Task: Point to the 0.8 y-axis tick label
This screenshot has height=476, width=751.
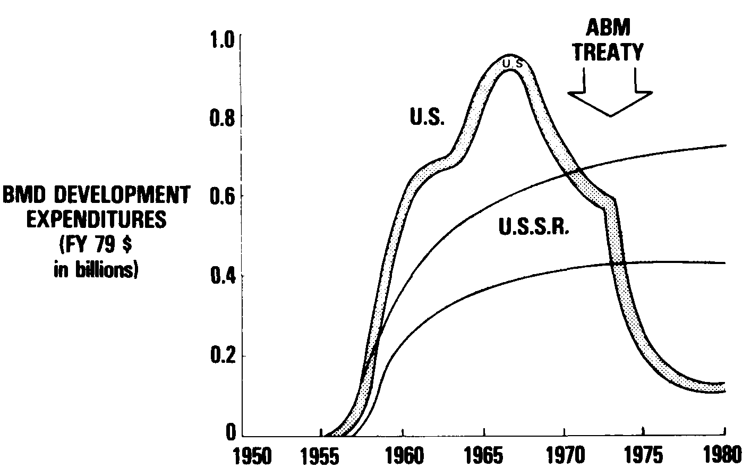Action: click(222, 118)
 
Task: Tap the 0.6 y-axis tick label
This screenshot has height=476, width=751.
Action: click(222, 197)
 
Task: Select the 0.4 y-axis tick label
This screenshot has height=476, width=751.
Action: click(222, 276)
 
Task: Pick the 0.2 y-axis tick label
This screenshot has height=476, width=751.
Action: click(222, 356)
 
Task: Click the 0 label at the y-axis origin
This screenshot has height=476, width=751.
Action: click(230, 433)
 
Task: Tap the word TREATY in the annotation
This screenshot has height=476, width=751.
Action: click(609, 53)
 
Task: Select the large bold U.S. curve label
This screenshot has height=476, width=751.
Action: click(426, 117)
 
